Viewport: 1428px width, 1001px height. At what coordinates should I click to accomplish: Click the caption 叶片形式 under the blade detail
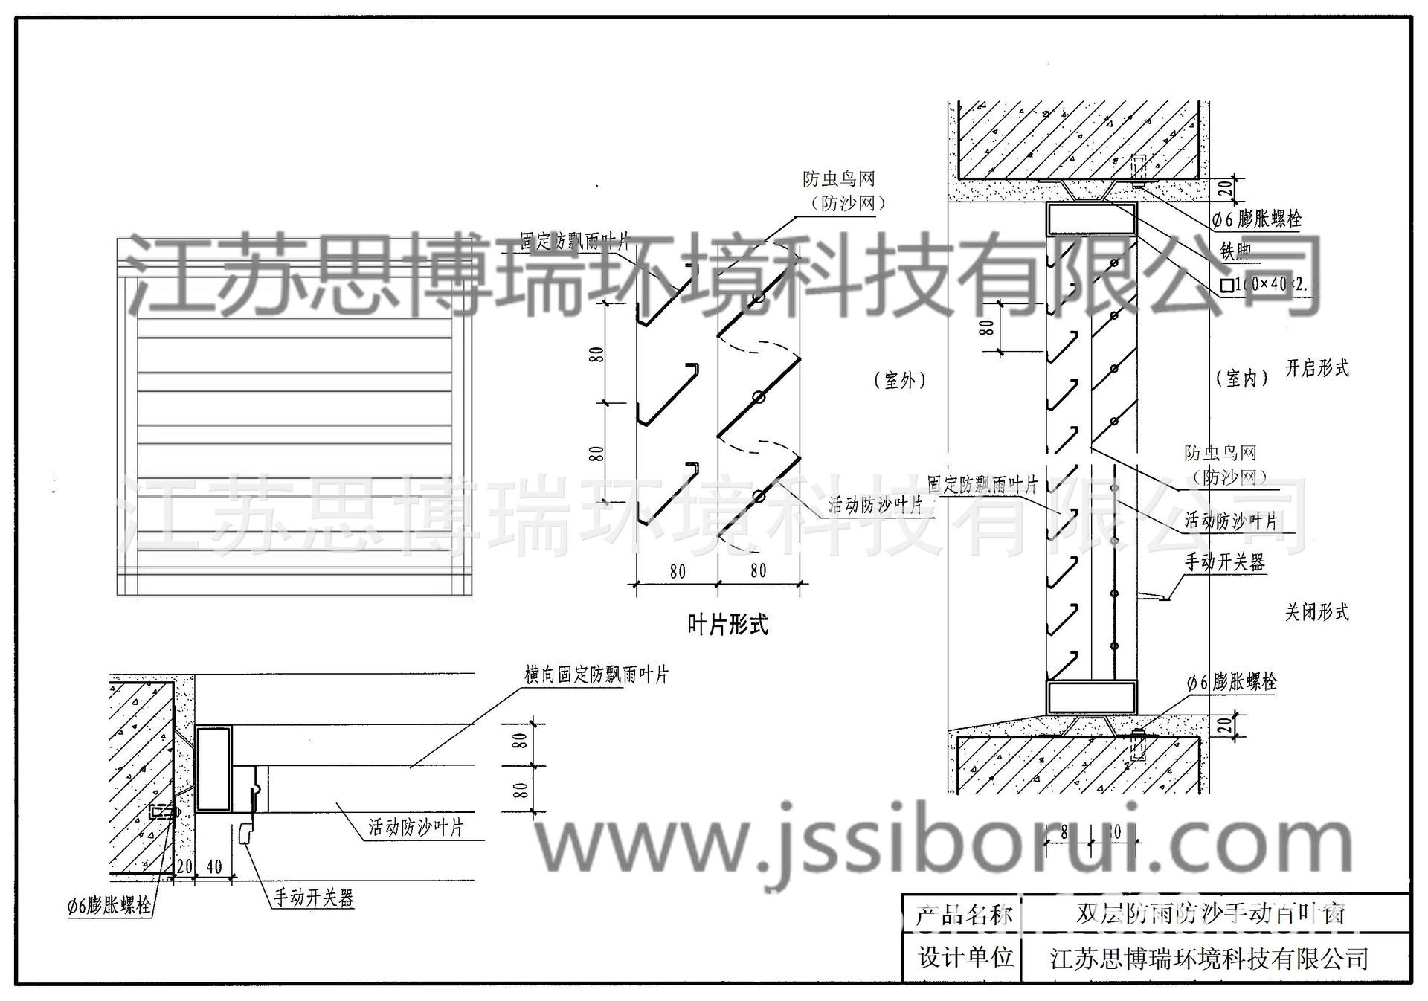coord(727,625)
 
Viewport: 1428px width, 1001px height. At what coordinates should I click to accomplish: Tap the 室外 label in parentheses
coord(900,381)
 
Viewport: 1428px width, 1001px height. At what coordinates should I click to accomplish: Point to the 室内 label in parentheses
coord(1241,378)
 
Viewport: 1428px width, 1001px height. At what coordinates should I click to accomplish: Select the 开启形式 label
coord(1317,368)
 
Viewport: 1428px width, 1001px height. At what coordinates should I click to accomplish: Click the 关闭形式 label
coord(1317,612)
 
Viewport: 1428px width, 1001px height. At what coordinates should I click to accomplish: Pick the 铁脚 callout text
coord(1235,251)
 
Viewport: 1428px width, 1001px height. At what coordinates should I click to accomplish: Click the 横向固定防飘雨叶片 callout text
coord(596,675)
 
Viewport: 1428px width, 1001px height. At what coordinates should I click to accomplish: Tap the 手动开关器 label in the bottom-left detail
coord(313,898)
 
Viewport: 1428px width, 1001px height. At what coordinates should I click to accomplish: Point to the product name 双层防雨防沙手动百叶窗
coord(1211,913)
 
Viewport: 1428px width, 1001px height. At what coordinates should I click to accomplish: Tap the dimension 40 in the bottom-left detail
coord(214,867)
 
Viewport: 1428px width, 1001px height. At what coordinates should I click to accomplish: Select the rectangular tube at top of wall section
coord(1091,219)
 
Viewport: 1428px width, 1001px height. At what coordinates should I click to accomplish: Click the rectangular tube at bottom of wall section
coord(1091,698)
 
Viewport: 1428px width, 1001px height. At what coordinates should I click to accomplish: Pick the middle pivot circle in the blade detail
coord(759,397)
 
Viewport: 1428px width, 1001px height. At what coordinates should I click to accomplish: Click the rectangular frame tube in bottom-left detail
coord(213,769)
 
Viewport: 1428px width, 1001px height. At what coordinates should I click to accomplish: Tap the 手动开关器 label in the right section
coord(1224,562)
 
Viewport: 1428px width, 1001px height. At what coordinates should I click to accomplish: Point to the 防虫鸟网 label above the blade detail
coord(838,179)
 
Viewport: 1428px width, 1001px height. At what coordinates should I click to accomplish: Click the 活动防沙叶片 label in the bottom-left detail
coord(416,827)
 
